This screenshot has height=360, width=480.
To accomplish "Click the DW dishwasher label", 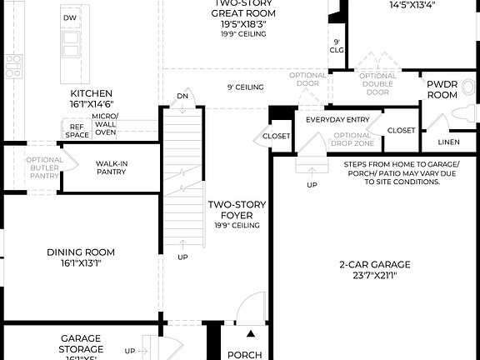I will click(x=70, y=17).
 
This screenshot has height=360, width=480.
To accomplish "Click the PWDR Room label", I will click(x=442, y=90).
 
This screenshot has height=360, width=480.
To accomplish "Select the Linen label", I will click(x=448, y=142).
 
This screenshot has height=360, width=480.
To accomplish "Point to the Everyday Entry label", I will click(x=337, y=120).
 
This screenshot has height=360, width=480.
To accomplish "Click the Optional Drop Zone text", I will click(x=352, y=140).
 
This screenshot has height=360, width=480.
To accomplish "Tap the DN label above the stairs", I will click(x=182, y=97).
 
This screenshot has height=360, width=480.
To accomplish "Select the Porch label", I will click(x=245, y=355).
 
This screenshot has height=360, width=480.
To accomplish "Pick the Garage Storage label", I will click(x=81, y=343).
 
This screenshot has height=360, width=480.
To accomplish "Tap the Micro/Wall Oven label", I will click(x=105, y=123).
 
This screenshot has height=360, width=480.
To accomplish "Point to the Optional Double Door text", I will click(x=377, y=84).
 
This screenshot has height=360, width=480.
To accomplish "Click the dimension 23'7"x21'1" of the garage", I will click(x=374, y=275).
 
